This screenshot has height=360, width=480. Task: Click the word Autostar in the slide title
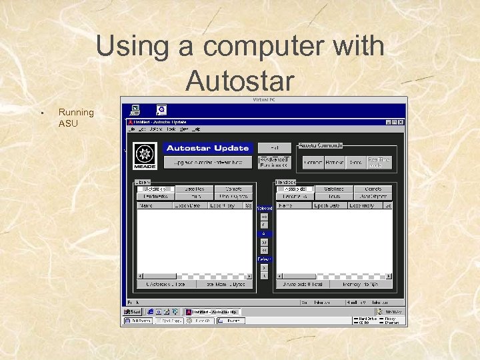click(240, 81)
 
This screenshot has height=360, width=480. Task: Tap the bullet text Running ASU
click(76, 118)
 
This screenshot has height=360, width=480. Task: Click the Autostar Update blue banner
click(207, 148)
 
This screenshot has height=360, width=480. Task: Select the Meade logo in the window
click(144, 155)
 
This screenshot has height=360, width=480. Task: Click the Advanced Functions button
click(275, 162)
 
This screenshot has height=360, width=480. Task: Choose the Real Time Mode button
click(378, 162)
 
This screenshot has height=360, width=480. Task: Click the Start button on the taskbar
click(133, 311)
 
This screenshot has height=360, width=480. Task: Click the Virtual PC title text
click(264, 99)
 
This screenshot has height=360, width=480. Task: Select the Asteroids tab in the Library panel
click(155, 189)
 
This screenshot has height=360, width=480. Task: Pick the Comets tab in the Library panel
click(233, 189)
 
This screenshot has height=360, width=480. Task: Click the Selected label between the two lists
click(265, 209)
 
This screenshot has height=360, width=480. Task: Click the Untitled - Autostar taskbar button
click(211, 311)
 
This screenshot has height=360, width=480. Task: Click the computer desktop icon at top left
click(135, 109)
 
